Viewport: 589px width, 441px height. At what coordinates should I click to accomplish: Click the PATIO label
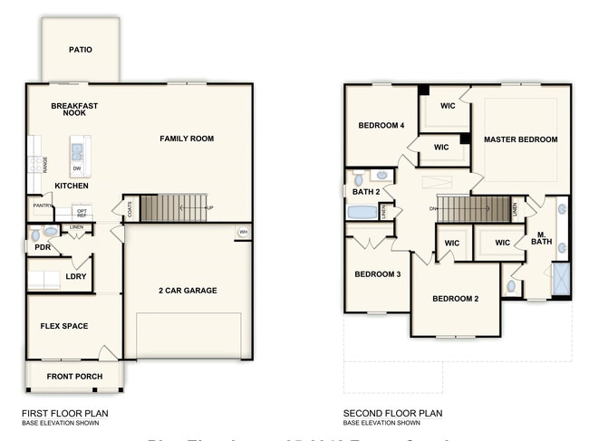(81, 50)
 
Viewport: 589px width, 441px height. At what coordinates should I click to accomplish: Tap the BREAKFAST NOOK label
(74, 109)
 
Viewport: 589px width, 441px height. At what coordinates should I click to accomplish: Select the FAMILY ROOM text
(187, 139)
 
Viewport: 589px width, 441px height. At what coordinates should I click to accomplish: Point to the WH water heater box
(242, 233)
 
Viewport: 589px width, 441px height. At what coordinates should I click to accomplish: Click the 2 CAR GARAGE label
(188, 291)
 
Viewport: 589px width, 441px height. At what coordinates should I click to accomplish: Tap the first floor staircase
(173, 207)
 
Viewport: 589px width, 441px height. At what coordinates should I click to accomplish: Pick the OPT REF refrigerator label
(82, 213)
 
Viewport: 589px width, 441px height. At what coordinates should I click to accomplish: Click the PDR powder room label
(42, 247)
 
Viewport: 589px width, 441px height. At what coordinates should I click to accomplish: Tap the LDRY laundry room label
(75, 276)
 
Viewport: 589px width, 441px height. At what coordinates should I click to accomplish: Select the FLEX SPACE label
(63, 326)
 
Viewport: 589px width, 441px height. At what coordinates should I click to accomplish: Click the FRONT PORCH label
(74, 377)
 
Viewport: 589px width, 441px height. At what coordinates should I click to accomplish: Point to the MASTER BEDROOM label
(520, 139)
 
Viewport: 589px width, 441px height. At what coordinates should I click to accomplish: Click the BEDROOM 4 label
(381, 126)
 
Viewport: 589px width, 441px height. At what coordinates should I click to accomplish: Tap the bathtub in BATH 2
(362, 212)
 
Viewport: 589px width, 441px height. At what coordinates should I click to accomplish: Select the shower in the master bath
(561, 278)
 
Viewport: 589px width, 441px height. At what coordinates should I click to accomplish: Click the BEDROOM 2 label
(454, 299)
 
